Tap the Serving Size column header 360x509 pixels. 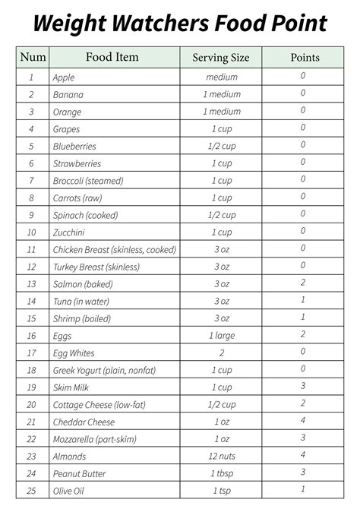pyautogui.click(x=221, y=58)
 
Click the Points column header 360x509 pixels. pyautogui.click(x=305, y=58)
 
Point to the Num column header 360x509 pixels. pyautogui.click(x=32, y=57)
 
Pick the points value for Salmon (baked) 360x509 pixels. pyautogui.click(x=303, y=283)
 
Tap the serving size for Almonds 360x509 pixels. pyautogui.click(x=222, y=457)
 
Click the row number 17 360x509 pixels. pyautogui.click(x=31, y=353)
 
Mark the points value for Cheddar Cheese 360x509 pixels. pyautogui.click(x=303, y=421)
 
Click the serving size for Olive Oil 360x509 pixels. pyautogui.click(x=222, y=491)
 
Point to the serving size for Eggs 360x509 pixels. pyautogui.click(x=222, y=336)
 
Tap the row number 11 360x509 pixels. pyautogui.click(x=31, y=250)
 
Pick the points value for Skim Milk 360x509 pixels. pyautogui.click(x=303, y=386)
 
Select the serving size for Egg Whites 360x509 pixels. pyautogui.click(x=222, y=353)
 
